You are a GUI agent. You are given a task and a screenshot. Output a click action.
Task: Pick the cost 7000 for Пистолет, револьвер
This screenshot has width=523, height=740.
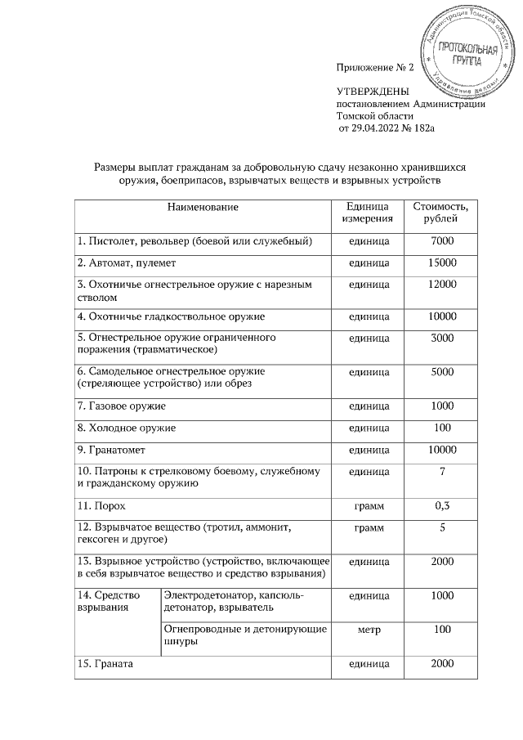click(x=441, y=241)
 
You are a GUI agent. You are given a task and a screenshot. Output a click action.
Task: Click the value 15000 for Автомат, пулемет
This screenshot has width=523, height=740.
click(x=441, y=263)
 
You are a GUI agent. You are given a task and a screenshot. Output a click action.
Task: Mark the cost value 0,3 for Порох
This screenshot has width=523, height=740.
click(x=441, y=507)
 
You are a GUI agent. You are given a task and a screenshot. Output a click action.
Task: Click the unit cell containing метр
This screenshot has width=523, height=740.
click(x=368, y=631)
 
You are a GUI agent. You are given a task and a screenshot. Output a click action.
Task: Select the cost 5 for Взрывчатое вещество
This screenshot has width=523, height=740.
click(x=441, y=528)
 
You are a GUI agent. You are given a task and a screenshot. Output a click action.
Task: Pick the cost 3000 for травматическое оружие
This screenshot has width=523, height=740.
click(x=441, y=338)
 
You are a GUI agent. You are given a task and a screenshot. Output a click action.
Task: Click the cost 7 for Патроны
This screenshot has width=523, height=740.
click(x=441, y=471)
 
